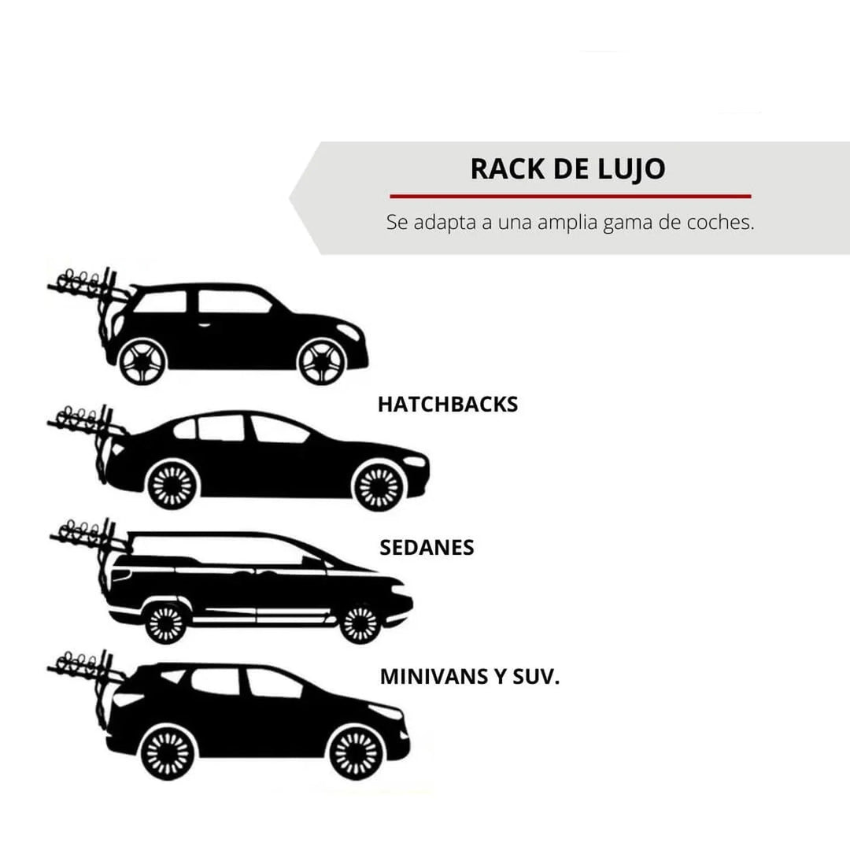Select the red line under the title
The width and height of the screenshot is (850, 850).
[570, 196]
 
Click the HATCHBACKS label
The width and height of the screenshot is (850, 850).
[447, 405]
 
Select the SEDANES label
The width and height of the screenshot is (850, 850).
[427, 548]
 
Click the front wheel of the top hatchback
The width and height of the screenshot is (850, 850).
[321, 361]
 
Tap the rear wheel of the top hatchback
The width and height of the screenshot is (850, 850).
[142, 361]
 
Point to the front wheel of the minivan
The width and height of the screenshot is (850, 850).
[360, 623]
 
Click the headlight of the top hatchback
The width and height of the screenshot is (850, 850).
[349, 331]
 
